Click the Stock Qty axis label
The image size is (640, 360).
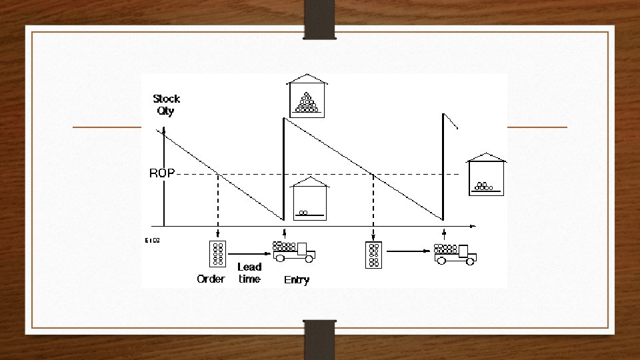[x=166, y=105]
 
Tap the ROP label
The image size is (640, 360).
[x=162, y=173]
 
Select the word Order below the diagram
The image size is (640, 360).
[x=211, y=279]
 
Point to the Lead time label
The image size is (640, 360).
[x=249, y=273]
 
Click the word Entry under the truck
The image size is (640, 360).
[x=297, y=280]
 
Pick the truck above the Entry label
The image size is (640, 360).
[x=293, y=251]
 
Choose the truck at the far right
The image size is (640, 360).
[x=455, y=253]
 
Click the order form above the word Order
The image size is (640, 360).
[x=218, y=254]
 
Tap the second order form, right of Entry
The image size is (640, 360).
[x=373, y=254]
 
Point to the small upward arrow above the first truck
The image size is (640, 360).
[x=285, y=233]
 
